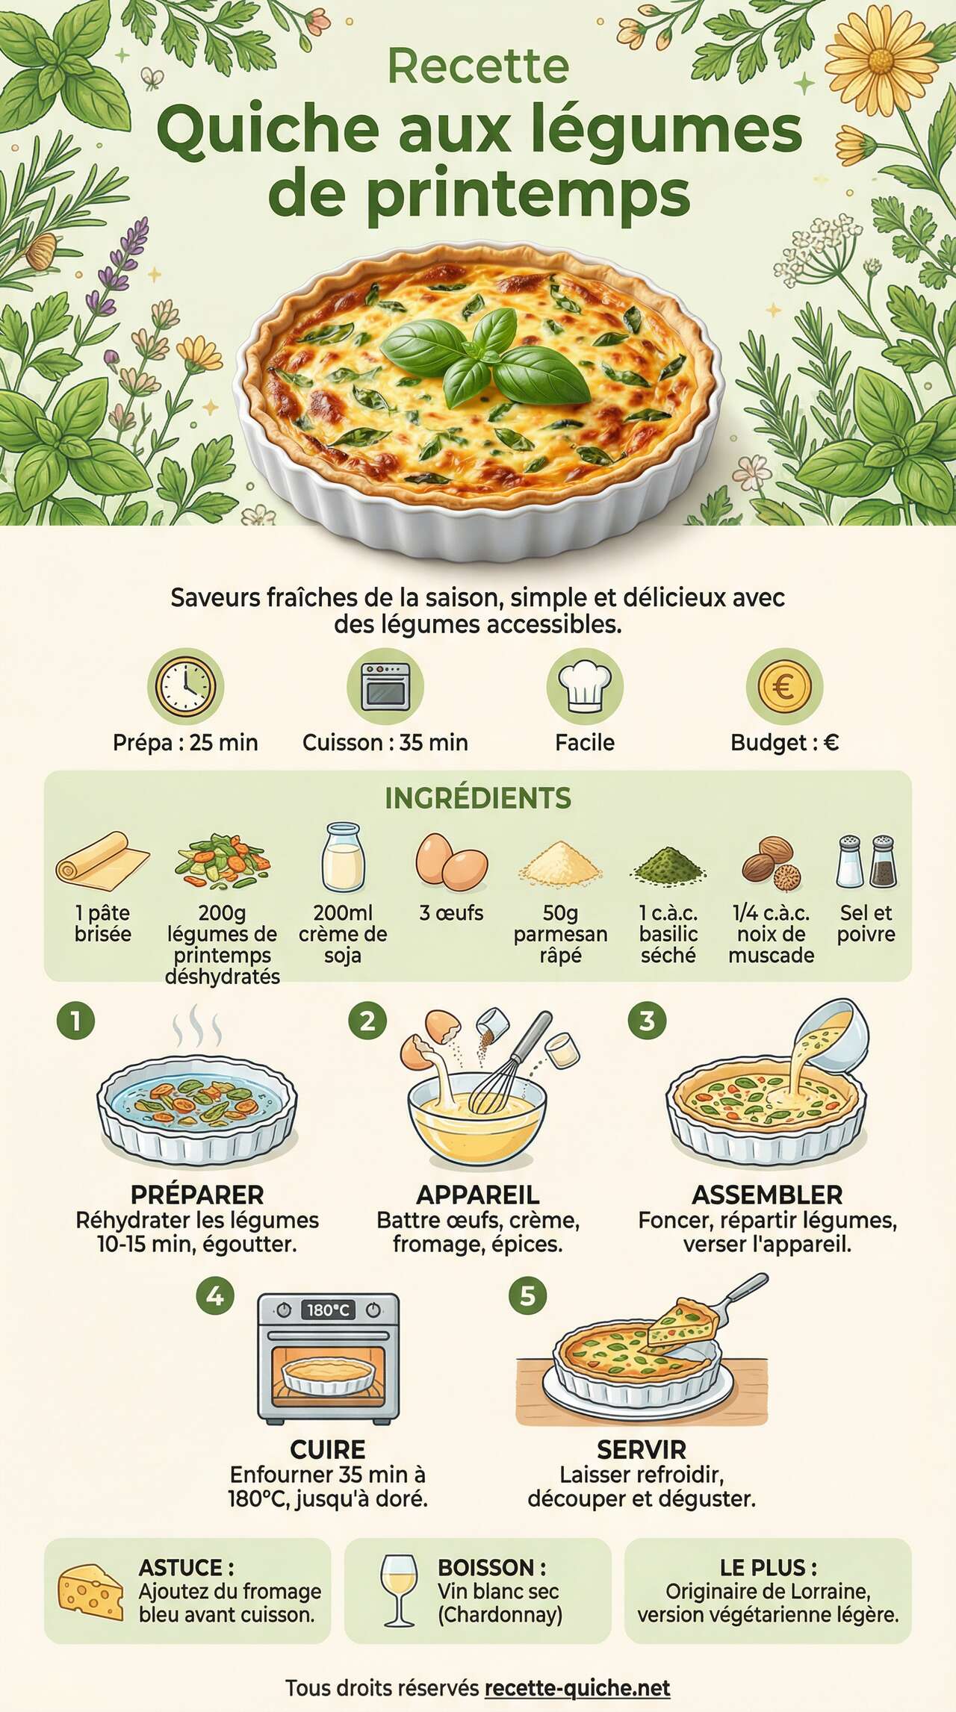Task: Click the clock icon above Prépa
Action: [x=185, y=686]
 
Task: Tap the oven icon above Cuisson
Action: [x=385, y=686]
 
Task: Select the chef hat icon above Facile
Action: [x=585, y=686]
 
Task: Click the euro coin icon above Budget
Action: [x=784, y=686]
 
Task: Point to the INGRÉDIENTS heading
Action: [x=478, y=798]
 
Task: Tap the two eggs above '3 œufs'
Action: [x=451, y=863]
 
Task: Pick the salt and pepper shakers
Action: [x=866, y=862]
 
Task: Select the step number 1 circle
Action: [x=75, y=1021]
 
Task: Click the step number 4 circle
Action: [x=215, y=1296]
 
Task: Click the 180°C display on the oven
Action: [x=328, y=1310]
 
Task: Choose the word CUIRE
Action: [x=328, y=1449]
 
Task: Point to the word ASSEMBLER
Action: [x=767, y=1195]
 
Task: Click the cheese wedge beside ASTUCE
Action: [x=90, y=1592]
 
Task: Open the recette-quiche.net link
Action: [x=577, y=1687]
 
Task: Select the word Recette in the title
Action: [x=478, y=66]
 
